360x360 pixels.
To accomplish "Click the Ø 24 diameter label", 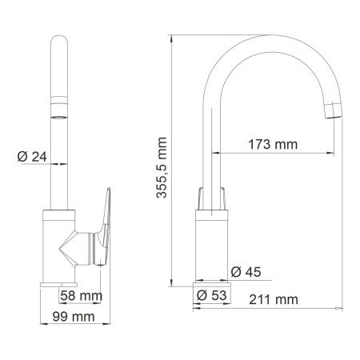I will click(30, 158).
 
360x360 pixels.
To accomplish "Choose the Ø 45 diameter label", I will click(246, 271).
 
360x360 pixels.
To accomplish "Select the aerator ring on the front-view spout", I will click(60, 102).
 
